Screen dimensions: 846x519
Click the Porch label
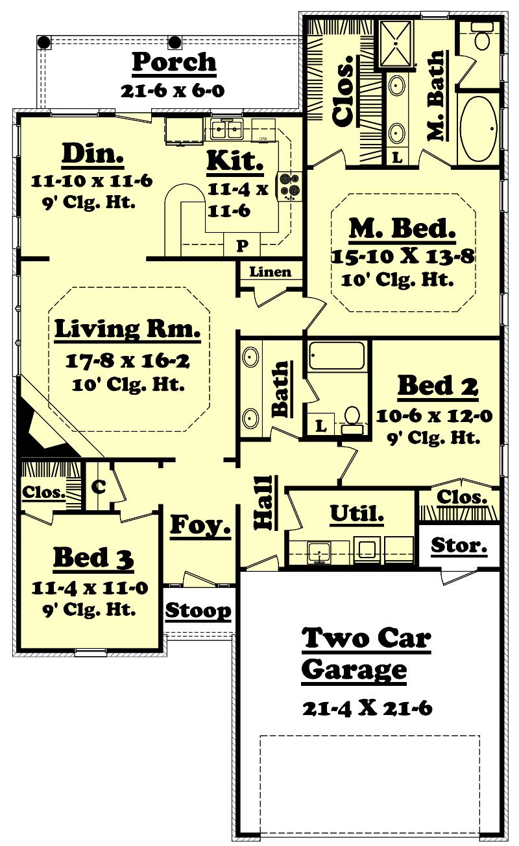click(x=174, y=62)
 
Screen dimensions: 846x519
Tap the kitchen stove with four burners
click(x=289, y=185)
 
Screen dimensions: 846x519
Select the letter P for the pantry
click(x=241, y=246)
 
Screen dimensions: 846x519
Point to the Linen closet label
click(x=271, y=272)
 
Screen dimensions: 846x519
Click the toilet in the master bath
click(x=482, y=38)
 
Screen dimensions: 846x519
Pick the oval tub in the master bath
click(x=479, y=129)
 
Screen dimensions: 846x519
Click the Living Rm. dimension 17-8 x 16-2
click(x=127, y=361)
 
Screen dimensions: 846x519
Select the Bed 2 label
click(x=437, y=386)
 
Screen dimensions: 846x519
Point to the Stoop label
click(x=199, y=611)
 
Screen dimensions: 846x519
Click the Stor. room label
click(x=459, y=546)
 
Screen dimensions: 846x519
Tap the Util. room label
click(x=357, y=514)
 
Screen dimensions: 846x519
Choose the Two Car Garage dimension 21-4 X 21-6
click(x=367, y=708)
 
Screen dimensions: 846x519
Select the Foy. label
click(x=200, y=525)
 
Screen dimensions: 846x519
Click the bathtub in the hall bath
click(x=337, y=356)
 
